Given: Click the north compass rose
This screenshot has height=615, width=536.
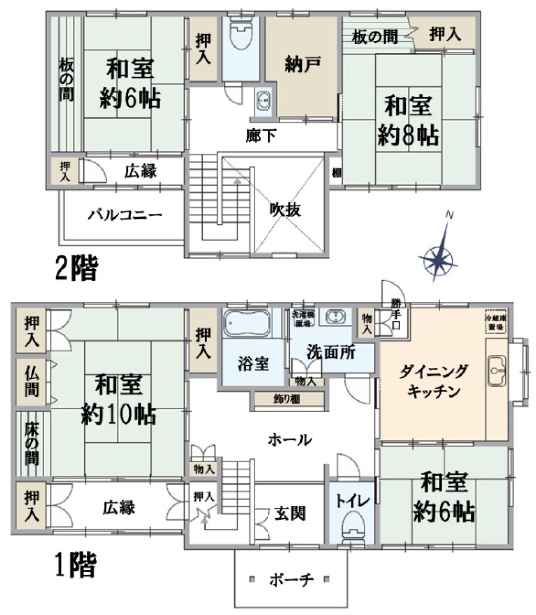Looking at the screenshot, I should click(440, 258).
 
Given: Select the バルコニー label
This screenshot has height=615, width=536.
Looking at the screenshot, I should click(125, 216).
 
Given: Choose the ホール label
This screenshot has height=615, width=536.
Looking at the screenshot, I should click(289, 440).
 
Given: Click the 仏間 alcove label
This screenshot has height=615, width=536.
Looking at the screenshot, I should click(31, 381).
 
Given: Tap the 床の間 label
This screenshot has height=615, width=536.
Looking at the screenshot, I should click(31, 443).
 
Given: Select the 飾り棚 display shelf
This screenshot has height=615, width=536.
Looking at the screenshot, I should click(288, 399).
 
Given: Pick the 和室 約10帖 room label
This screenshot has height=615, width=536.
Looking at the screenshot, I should click(118, 399).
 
